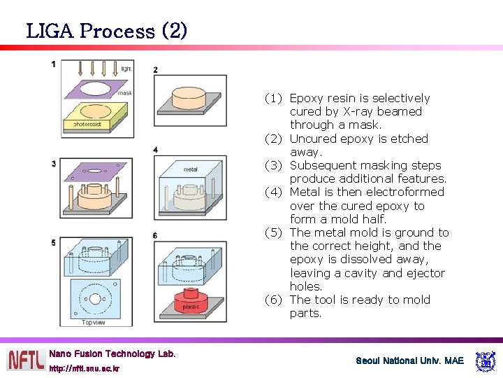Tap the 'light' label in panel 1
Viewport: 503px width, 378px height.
point(126,69)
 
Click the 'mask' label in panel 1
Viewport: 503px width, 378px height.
point(124,92)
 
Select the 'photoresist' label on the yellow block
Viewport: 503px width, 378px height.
point(87,124)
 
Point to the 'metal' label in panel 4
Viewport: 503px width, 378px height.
point(191,169)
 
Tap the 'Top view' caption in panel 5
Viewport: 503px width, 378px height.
point(94,322)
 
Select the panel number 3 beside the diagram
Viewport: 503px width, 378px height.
point(54,164)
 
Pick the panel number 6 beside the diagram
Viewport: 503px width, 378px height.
point(155,236)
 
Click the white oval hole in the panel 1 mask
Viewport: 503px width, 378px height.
point(96,89)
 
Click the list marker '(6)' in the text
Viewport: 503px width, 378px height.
point(274,300)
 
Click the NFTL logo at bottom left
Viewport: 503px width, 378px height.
point(25,359)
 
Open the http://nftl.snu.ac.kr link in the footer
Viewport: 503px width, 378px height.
point(84,368)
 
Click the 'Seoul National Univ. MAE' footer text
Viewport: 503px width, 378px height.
point(409,360)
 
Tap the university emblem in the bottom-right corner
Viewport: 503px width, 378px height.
point(485,361)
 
